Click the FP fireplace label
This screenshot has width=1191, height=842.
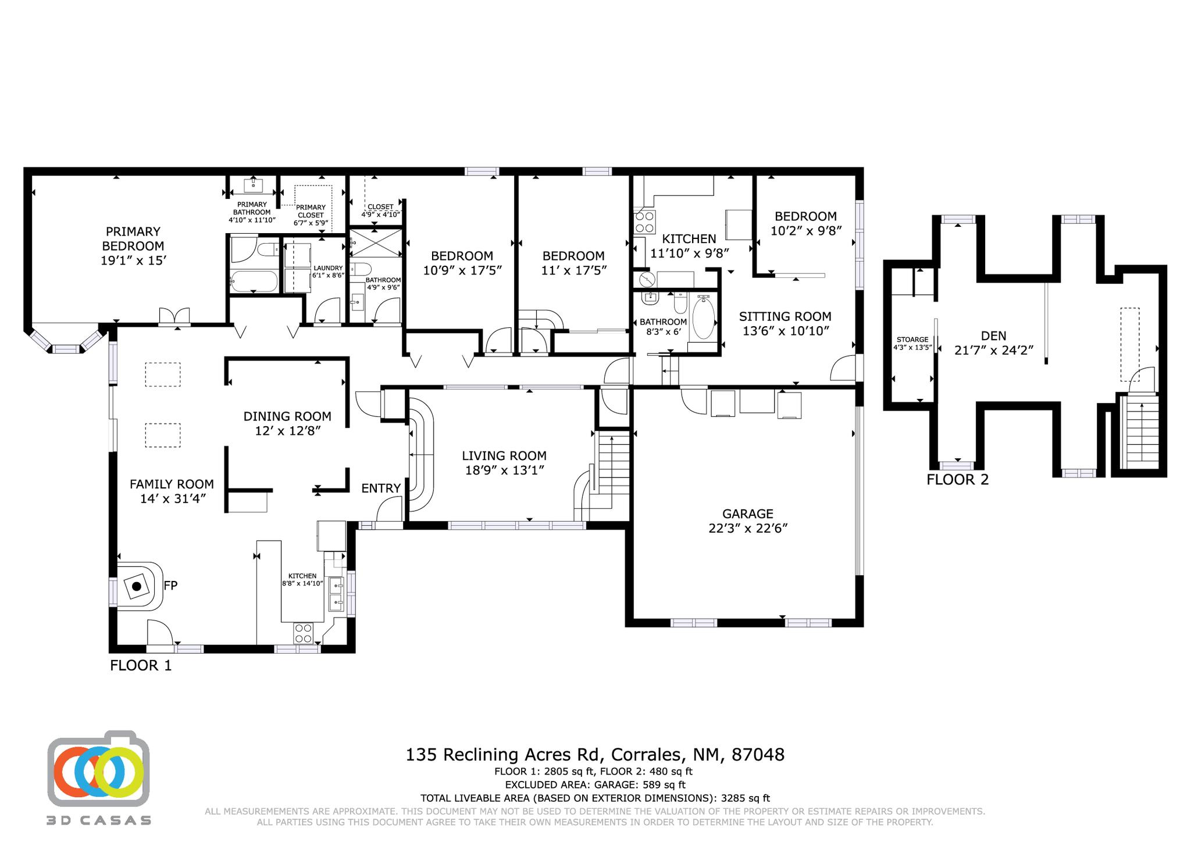pos(170,586)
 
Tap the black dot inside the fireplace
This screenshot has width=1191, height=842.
pos(136,587)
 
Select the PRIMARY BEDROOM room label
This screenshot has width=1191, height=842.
pos(133,238)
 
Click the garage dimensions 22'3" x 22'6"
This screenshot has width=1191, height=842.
pos(747,528)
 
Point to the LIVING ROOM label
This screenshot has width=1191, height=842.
pos(504,456)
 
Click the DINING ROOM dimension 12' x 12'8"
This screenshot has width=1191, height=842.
pos(287,430)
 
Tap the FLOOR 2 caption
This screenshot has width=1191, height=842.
pos(957,480)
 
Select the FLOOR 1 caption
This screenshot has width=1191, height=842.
pos(141,665)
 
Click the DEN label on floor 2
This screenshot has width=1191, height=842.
pos(993,336)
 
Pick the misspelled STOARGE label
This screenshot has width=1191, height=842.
pos(912,340)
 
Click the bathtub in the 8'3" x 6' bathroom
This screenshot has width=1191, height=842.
pos(703,317)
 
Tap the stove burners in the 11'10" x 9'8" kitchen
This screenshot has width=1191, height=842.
pos(644,222)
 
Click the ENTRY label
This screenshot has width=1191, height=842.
pos(381,488)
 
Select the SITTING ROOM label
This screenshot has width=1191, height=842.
pos(785,316)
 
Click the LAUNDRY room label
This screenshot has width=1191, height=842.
pos(328,268)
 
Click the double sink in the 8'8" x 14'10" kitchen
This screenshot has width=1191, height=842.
pos(336,594)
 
